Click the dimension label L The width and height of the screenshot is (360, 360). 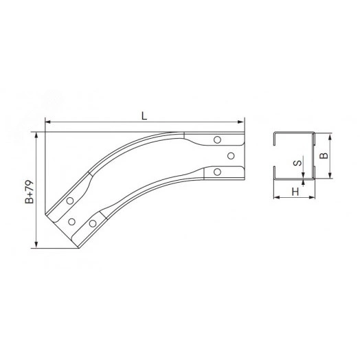144,116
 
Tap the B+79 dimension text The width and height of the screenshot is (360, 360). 30,192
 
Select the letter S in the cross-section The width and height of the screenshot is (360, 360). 297,164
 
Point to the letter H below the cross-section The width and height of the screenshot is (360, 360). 295,192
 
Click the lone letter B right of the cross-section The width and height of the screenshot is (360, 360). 324,156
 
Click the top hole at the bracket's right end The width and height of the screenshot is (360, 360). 217,139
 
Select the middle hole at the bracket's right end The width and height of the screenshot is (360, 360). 231,156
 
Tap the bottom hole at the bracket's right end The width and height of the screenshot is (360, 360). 217,172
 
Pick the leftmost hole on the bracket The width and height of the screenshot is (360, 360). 70,201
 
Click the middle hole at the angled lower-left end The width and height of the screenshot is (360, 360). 72,222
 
